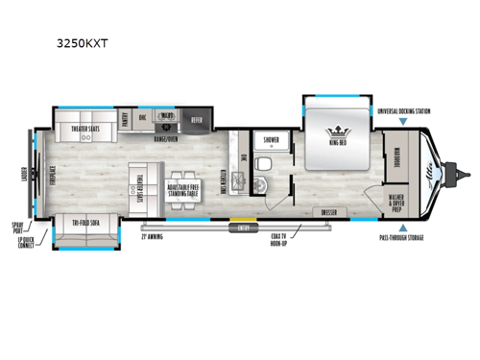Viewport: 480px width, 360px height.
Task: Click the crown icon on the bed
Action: (x=338, y=130)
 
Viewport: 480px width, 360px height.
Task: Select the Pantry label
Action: (x=124, y=119)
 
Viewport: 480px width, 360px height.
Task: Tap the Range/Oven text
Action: (x=167, y=138)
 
